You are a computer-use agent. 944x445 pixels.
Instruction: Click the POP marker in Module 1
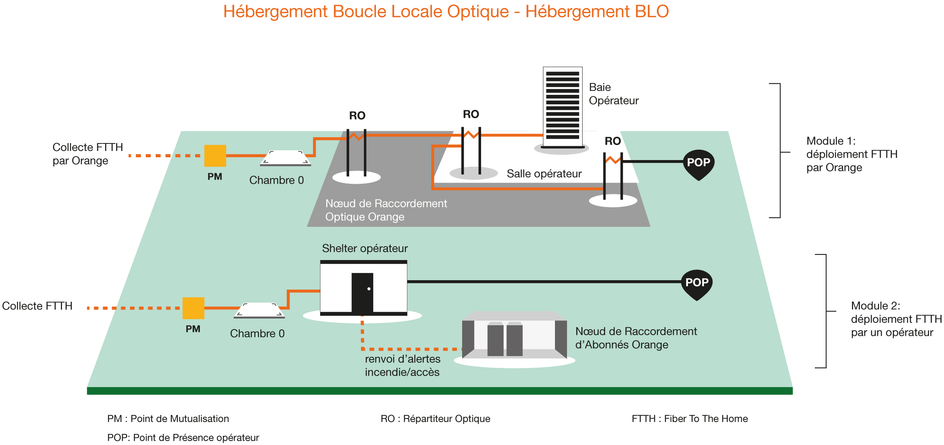pos(698,163)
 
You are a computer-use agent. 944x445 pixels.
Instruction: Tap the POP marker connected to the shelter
pos(697,283)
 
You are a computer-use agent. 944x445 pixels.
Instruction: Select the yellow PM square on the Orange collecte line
pos(215,156)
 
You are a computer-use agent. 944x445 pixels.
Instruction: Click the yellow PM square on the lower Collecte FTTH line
pos(193,308)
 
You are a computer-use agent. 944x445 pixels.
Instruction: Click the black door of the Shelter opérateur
pos(362,292)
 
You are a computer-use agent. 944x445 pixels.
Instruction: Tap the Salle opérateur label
pos(544,174)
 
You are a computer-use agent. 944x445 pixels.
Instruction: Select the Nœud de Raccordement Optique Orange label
pos(386,210)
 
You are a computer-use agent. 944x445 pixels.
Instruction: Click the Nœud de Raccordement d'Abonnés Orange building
pos(514,336)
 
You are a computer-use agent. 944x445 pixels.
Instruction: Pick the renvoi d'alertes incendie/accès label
pos(402,366)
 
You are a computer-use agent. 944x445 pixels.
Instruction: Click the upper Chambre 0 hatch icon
pos(285,158)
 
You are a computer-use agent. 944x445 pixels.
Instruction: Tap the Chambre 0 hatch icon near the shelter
pos(259,311)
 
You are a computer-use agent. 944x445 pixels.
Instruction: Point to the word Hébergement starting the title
pos(275,12)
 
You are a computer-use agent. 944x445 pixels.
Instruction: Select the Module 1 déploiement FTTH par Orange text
pos(852,154)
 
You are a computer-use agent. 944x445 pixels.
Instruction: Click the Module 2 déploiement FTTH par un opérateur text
pos(896,319)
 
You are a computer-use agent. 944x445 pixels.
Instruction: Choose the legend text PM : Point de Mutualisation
pos(168,419)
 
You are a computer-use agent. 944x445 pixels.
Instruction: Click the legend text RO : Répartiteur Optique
pos(435,419)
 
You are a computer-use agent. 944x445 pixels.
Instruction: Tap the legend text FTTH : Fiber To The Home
pos(690,419)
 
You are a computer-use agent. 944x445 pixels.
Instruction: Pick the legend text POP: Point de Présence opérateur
pos(183,437)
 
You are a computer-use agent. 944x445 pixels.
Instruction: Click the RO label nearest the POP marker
pos(613,141)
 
